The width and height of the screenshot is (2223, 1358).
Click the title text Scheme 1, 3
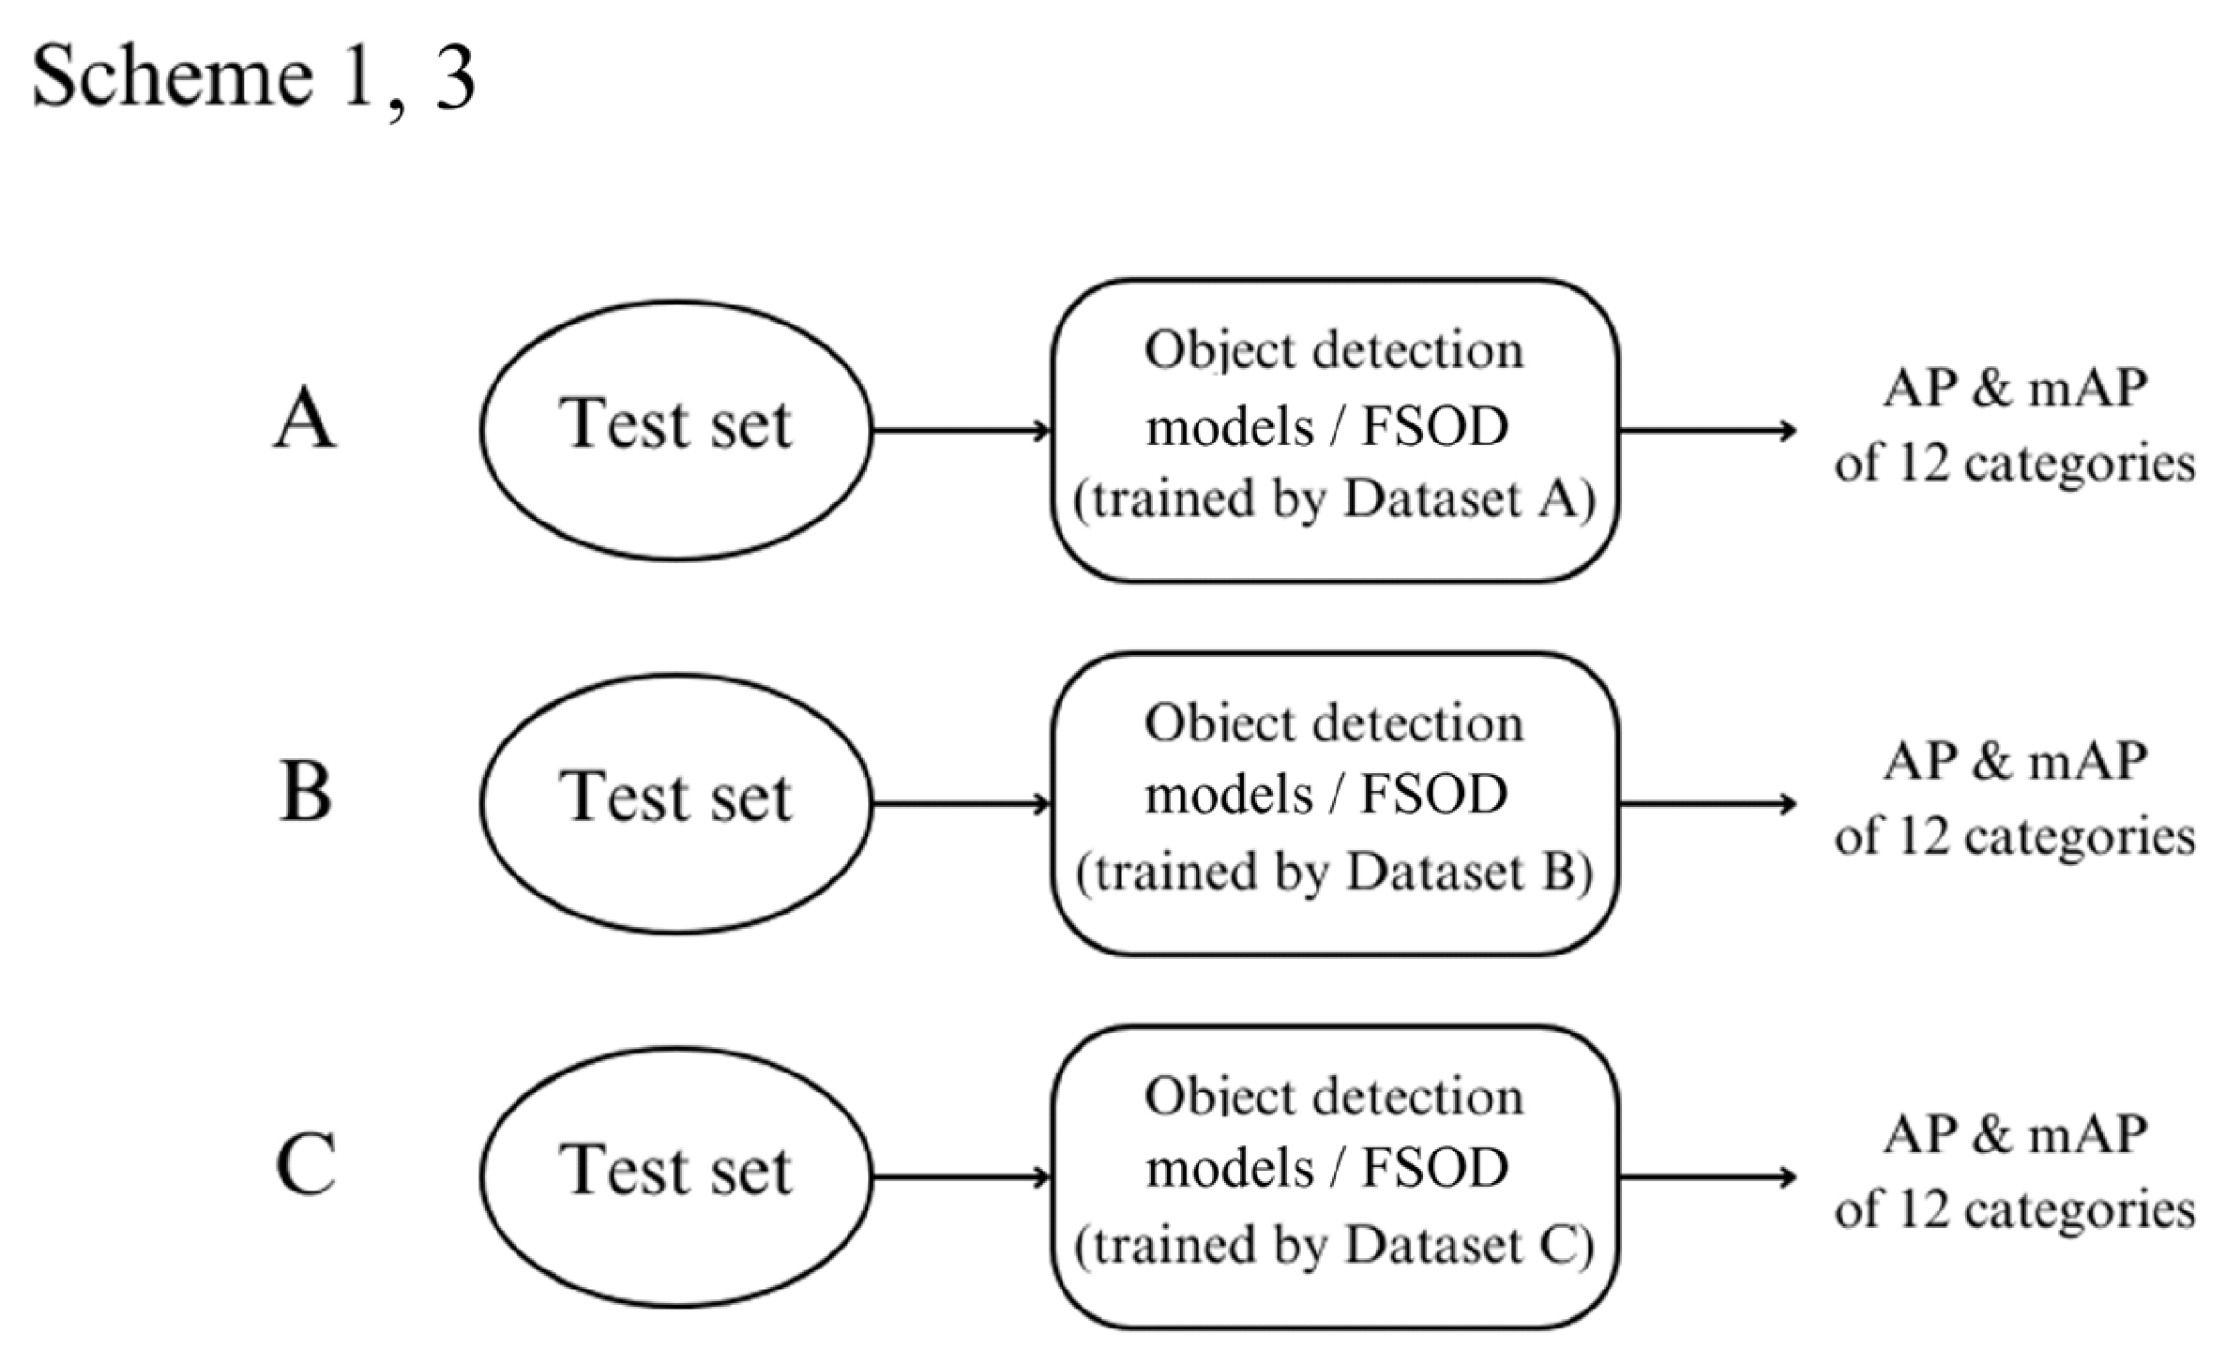(x=253, y=76)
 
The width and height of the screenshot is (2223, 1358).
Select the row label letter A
(x=304, y=420)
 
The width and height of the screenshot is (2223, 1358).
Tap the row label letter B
(x=304, y=793)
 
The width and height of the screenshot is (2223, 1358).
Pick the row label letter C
(x=304, y=1166)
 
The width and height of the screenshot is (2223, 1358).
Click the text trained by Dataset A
(x=1334, y=499)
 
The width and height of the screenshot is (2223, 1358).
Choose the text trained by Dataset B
(x=1334, y=872)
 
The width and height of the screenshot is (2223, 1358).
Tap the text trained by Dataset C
(x=1334, y=1245)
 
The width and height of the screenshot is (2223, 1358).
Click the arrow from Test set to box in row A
(x=961, y=431)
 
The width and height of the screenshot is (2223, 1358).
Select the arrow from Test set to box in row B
(x=961, y=804)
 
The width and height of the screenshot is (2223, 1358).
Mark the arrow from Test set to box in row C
(x=961, y=1178)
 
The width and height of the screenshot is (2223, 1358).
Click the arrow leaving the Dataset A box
(x=1706, y=431)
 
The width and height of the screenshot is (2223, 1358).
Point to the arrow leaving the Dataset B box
(x=1706, y=804)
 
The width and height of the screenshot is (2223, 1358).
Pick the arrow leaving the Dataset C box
(x=1706, y=1178)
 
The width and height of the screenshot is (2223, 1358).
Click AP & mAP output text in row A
(x=2015, y=389)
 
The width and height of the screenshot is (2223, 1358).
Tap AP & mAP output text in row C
(x=2015, y=1135)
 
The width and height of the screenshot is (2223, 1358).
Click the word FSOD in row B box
(x=1433, y=795)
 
